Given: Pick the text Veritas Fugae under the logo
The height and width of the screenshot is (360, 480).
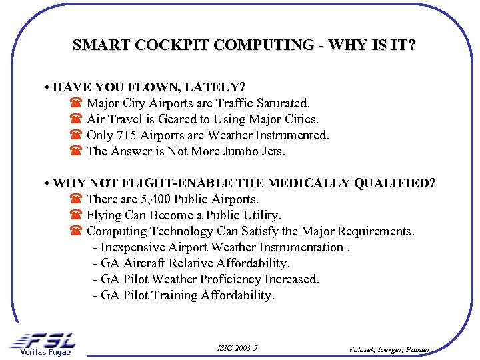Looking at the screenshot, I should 45,352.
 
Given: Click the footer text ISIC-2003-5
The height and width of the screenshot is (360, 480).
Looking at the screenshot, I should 237,348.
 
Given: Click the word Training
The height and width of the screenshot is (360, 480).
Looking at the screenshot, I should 175,295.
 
